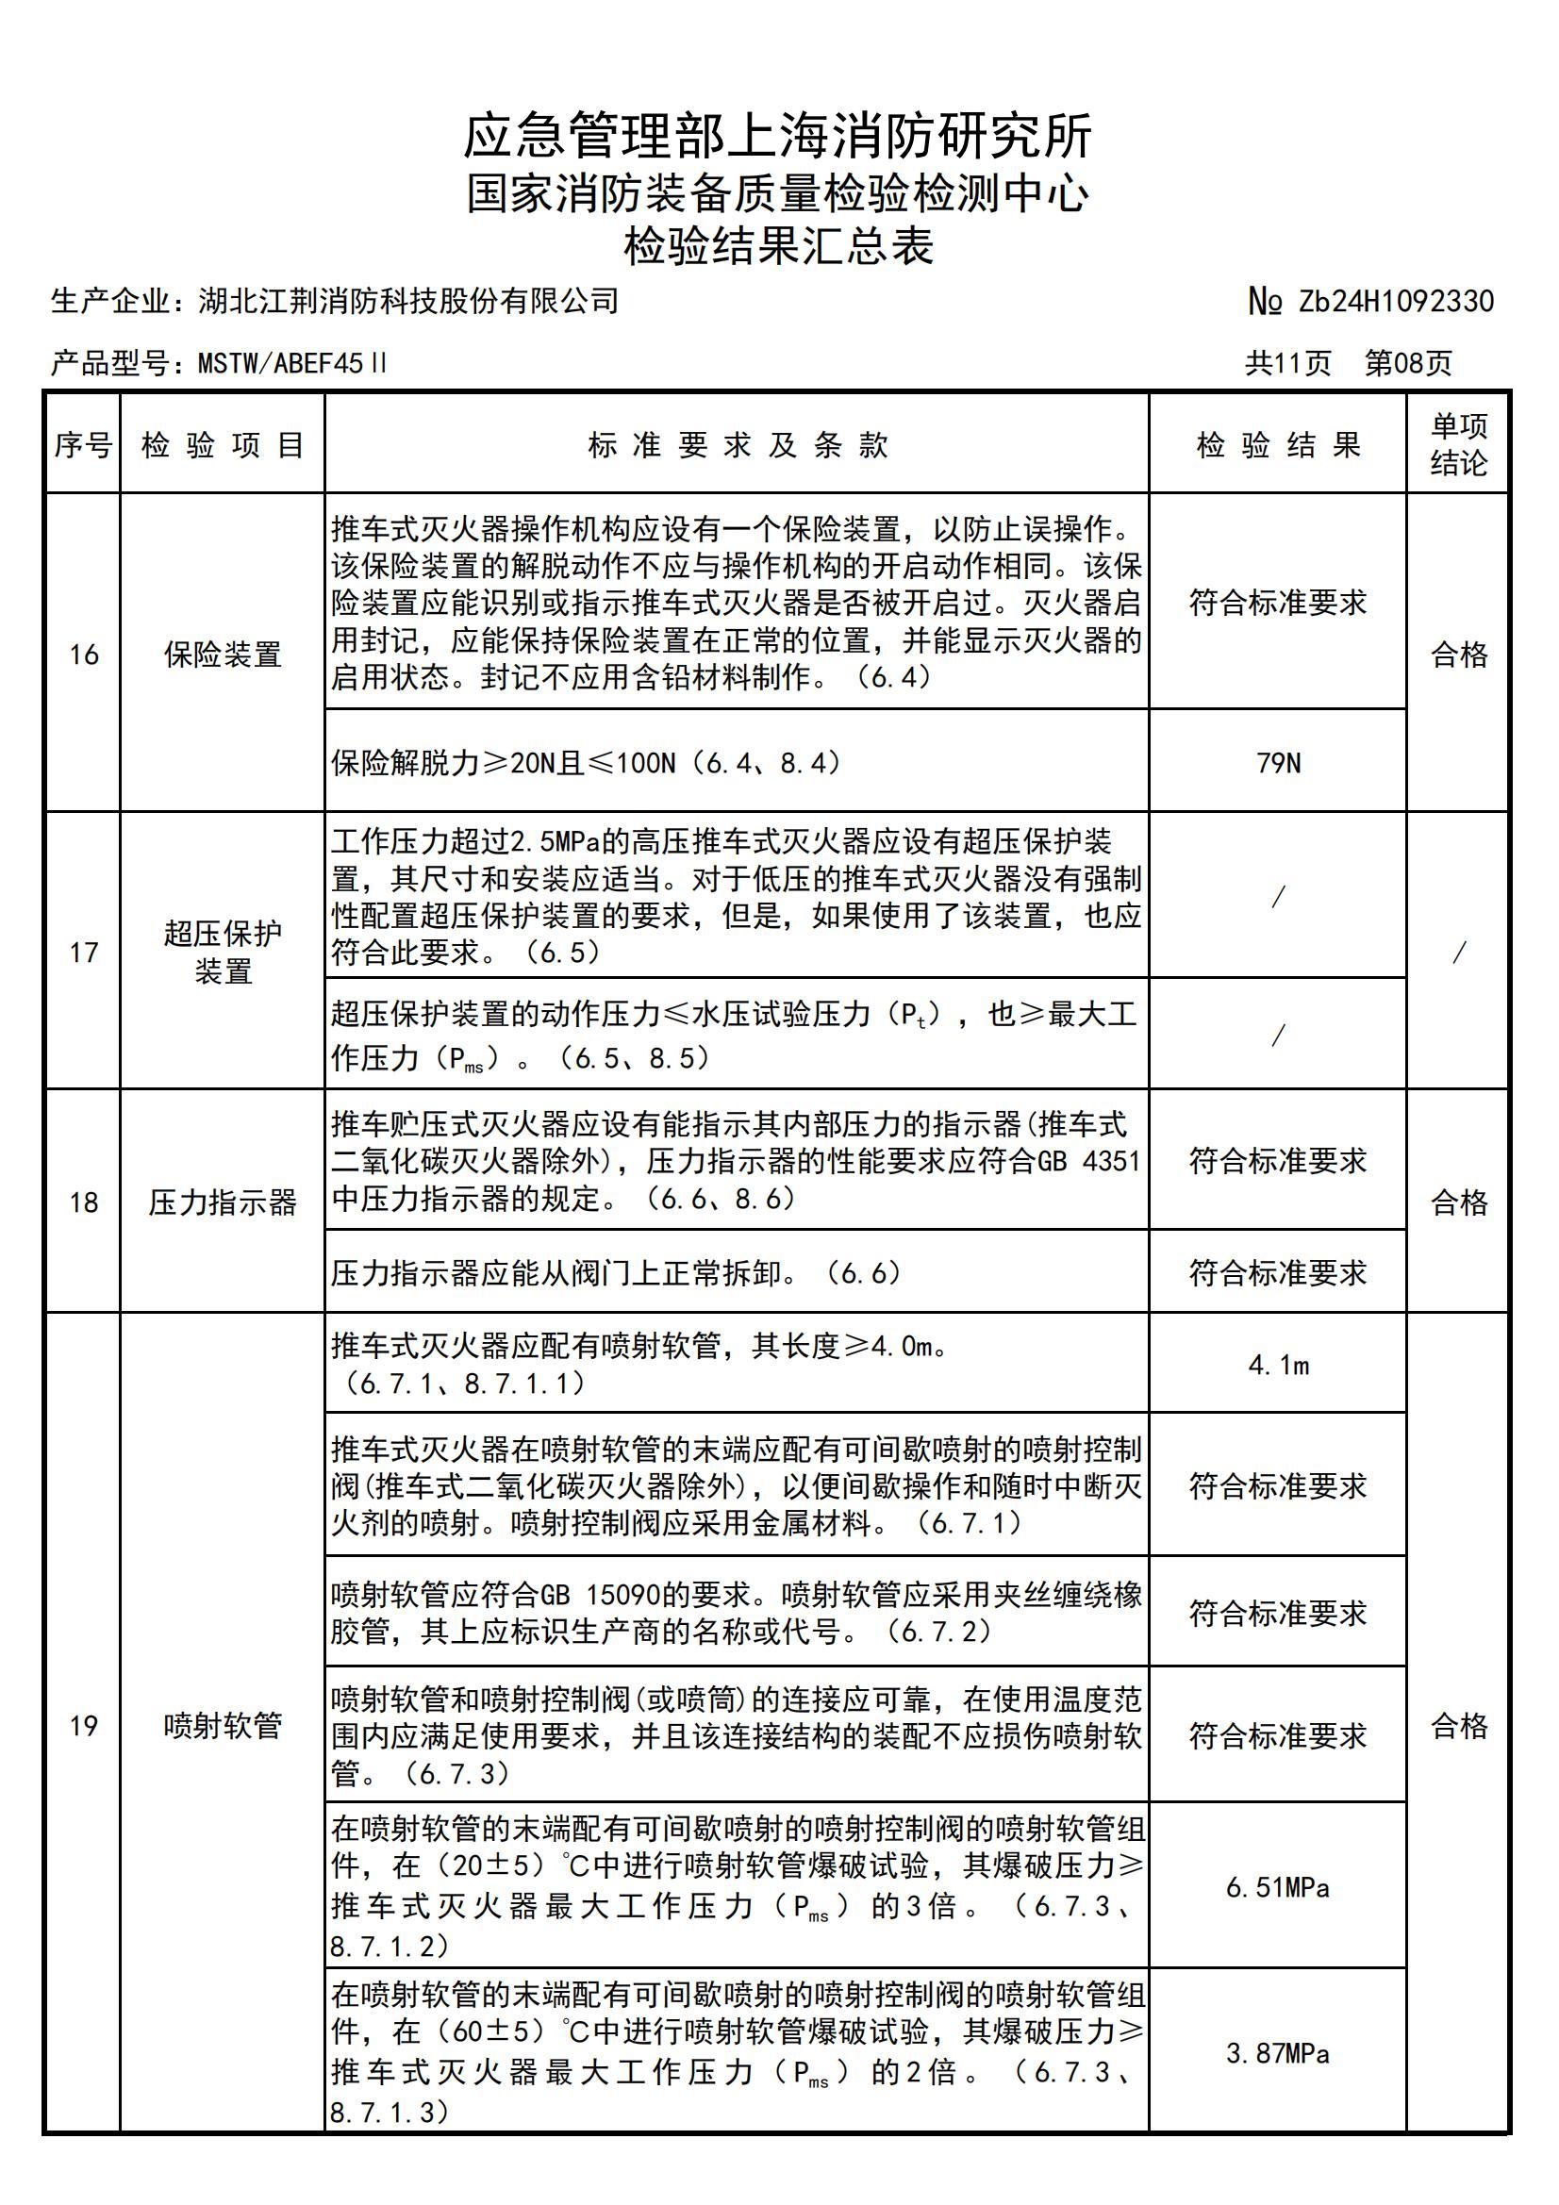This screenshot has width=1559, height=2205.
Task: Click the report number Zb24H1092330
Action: point(1396,302)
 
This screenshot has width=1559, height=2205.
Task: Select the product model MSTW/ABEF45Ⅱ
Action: point(292,363)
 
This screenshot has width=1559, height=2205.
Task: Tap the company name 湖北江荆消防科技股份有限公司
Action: point(408,302)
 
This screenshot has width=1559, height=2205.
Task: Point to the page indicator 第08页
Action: point(1408,363)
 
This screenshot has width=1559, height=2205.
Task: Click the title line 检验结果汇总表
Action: point(778,247)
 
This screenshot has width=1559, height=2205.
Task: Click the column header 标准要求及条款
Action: point(737,444)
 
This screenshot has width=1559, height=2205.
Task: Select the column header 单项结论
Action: point(1458,444)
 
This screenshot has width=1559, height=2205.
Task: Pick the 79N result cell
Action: point(1278,764)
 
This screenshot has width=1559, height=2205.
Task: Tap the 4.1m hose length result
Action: point(1278,1365)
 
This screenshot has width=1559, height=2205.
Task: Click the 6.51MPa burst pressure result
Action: point(1278,1888)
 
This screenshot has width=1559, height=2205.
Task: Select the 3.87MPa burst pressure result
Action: point(1278,2054)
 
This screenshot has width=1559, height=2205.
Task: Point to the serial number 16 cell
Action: point(84,655)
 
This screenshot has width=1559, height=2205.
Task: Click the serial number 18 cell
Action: point(84,1202)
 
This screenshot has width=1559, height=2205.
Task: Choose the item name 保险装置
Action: point(223,655)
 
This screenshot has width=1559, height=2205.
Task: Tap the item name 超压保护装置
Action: point(223,952)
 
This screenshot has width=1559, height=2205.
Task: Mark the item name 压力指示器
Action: point(223,1202)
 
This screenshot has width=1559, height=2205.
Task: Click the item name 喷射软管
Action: point(223,1726)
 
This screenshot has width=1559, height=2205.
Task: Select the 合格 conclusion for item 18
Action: point(1458,1202)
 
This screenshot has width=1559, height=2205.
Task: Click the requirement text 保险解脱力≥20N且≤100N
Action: point(586,764)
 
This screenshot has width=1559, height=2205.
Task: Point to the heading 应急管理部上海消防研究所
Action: point(778,137)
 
